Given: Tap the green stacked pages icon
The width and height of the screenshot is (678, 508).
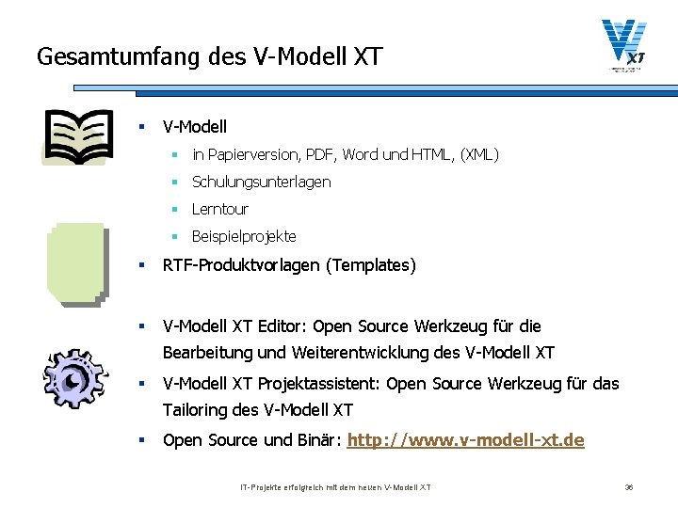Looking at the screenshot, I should click(x=75, y=263).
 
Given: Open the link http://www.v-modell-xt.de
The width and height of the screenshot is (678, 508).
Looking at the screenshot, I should click(x=466, y=440).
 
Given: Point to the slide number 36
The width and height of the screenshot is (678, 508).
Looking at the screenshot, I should click(x=630, y=487).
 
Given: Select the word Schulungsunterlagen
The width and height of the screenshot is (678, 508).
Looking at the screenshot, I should click(x=262, y=182).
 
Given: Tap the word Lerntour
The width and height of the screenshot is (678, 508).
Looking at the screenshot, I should click(x=220, y=209).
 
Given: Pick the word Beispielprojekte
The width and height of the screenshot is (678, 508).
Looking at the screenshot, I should click(x=244, y=236).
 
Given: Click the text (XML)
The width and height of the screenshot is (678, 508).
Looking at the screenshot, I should click(x=479, y=154).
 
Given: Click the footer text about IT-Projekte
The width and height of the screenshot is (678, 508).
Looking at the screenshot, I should click(x=335, y=487).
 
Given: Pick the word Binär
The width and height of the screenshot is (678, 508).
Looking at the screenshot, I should click(x=318, y=440).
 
